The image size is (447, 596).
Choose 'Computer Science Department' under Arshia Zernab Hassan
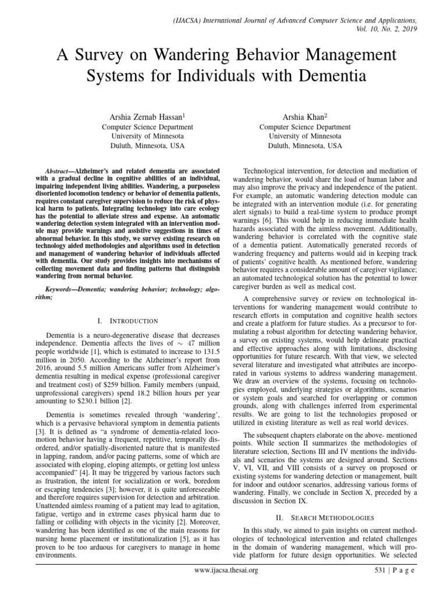coord(148,127)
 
